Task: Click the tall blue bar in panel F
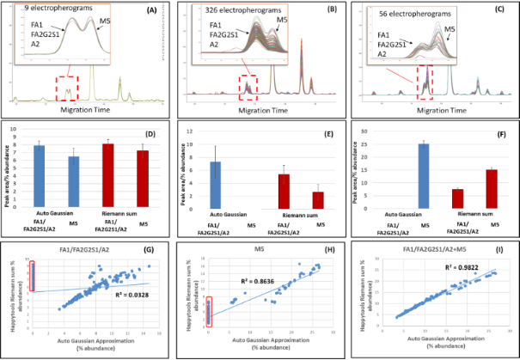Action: pyautogui.click(x=397, y=175)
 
